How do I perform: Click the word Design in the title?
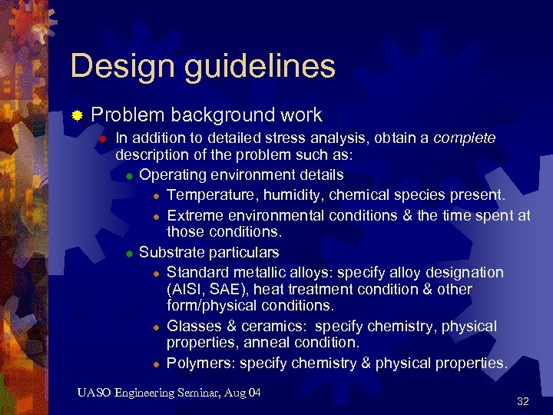tap(108, 66)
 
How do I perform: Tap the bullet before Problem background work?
tap(77, 117)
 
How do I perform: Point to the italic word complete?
tap(465, 138)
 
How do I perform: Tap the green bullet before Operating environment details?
tap(130, 176)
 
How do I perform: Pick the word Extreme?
tap(193, 215)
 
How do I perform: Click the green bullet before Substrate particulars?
tap(130, 253)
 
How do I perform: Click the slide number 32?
tap(523, 401)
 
